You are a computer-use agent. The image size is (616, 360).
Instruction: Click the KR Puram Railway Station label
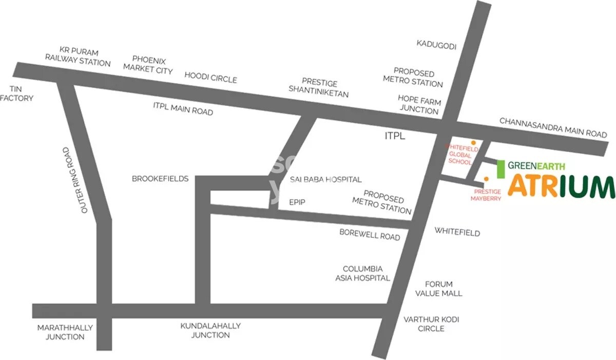78,57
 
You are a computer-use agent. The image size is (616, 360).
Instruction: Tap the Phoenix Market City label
148,65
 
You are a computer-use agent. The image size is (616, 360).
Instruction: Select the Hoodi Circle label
210,77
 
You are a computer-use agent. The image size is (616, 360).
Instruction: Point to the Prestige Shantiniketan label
319,88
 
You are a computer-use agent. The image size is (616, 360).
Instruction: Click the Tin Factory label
16,93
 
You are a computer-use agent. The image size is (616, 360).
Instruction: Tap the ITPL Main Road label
183,108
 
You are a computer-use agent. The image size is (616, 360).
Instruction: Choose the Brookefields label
160,179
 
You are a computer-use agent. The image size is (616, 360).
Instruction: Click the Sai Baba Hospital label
325,179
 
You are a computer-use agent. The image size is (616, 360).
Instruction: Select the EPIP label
297,202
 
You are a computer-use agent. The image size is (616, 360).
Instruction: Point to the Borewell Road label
370,234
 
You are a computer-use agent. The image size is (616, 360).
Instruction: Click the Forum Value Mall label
439,289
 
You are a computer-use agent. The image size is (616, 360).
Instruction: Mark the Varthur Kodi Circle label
431,324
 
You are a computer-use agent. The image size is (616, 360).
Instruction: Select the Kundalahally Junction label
210,330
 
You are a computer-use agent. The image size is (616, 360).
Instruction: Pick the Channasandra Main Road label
553,127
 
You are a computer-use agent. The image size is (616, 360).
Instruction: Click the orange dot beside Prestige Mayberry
486,178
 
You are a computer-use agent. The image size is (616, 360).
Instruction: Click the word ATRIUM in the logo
561,186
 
